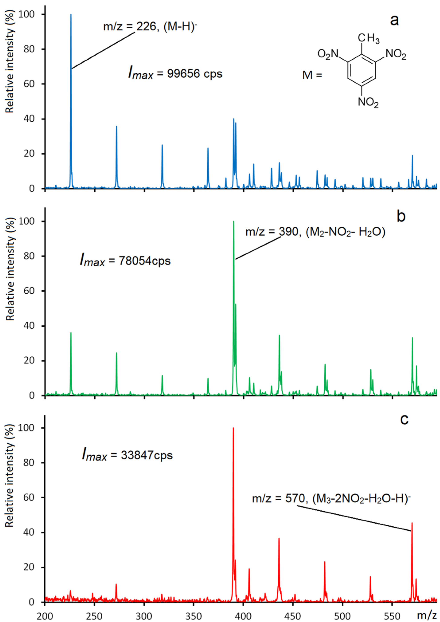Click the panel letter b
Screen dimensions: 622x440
pos(401,216)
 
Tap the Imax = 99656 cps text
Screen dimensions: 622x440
pos(175,73)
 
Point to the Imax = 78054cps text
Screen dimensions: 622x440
pos(125,261)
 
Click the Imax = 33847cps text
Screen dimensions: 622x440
pos(127,455)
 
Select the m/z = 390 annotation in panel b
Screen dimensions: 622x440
pos(315,232)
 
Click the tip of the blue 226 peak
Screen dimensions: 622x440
pos(71,15)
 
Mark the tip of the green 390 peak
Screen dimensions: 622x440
pos(234,222)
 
